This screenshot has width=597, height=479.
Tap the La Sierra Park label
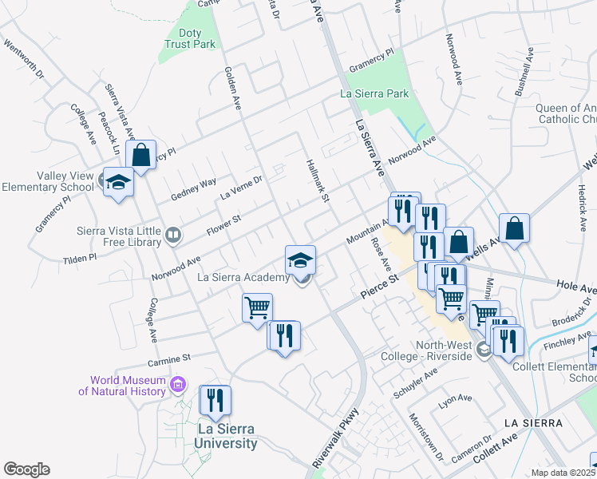coord(374,94)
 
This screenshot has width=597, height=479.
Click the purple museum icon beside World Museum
coord(178,386)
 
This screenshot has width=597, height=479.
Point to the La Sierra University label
coord(227,437)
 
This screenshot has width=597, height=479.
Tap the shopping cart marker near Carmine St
coord(258,307)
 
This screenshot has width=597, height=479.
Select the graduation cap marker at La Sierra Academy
coord(301,259)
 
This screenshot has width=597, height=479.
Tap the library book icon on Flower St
coord(172,235)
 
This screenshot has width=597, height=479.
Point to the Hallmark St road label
coord(318,180)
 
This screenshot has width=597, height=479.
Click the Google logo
coord(26,469)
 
